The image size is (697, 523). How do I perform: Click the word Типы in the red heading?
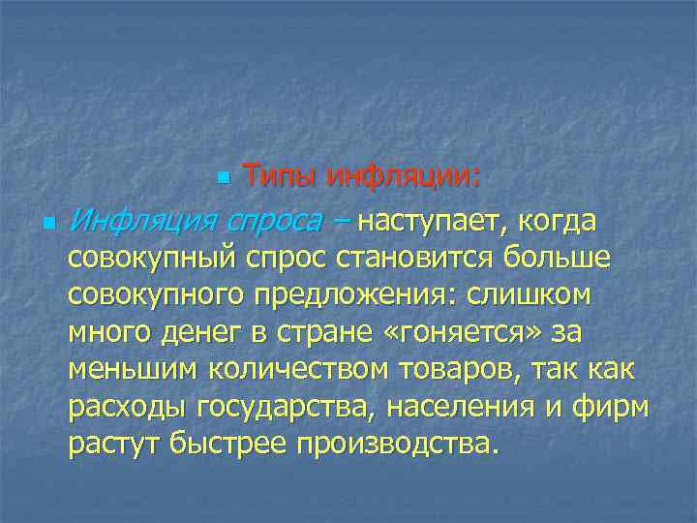click(x=280, y=178)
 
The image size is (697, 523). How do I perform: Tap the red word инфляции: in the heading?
click(x=404, y=178)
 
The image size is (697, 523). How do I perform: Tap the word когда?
click(x=557, y=222)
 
